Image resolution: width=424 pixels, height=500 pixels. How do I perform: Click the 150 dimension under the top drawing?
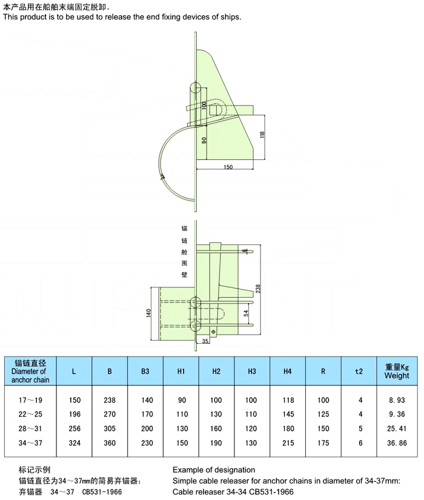[x=228, y=167]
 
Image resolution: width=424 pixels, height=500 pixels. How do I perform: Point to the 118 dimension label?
[x=262, y=135]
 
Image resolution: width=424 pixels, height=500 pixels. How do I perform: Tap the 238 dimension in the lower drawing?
[x=258, y=288]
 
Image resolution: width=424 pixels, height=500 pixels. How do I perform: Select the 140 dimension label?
[x=148, y=313]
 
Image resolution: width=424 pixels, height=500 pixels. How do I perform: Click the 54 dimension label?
[x=246, y=313]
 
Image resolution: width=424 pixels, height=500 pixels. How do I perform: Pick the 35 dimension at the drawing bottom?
[x=205, y=341]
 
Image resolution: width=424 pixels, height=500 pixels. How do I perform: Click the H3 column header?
[x=252, y=371]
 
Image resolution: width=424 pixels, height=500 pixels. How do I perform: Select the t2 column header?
[x=359, y=371]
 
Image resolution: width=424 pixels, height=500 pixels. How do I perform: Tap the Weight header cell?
[x=397, y=371]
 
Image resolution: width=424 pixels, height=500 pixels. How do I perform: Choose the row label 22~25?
[x=30, y=414]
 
